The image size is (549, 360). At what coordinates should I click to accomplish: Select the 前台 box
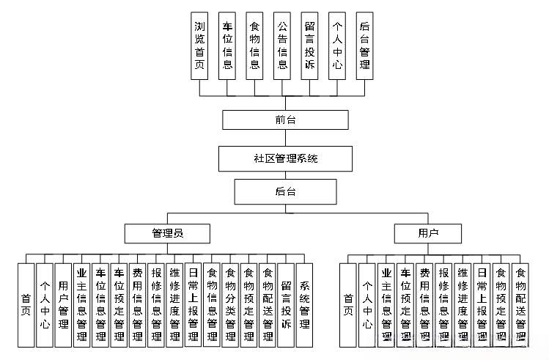[x=285, y=119]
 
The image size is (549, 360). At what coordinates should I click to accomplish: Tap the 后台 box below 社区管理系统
[x=285, y=191]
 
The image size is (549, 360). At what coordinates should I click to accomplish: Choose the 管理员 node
[x=167, y=233]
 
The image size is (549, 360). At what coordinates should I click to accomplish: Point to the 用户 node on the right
[x=428, y=233]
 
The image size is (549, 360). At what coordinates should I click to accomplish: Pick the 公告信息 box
[x=282, y=45]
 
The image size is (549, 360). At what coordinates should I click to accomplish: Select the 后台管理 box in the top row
[x=364, y=45]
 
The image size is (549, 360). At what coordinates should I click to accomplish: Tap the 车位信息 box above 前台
[x=227, y=45]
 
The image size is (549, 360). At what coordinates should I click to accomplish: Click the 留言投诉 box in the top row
[x=309, y=45]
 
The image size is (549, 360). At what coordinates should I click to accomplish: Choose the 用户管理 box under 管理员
[x=64, y=304]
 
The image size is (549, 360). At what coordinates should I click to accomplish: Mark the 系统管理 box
[x=304, y=304]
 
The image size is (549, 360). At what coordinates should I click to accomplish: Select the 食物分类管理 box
[x=230, y=304]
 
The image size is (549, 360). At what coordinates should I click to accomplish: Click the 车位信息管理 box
[x=100, y=304]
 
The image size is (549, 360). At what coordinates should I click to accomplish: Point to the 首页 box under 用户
[x=349, y=304]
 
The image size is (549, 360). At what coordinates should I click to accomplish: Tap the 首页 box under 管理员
[x=26, y=304]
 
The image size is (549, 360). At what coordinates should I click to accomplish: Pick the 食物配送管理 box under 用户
[x=520, y=304]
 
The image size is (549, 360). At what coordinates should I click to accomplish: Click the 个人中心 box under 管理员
[x=45, y=304]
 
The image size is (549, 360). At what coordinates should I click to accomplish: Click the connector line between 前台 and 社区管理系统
[x=285, y=138]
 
